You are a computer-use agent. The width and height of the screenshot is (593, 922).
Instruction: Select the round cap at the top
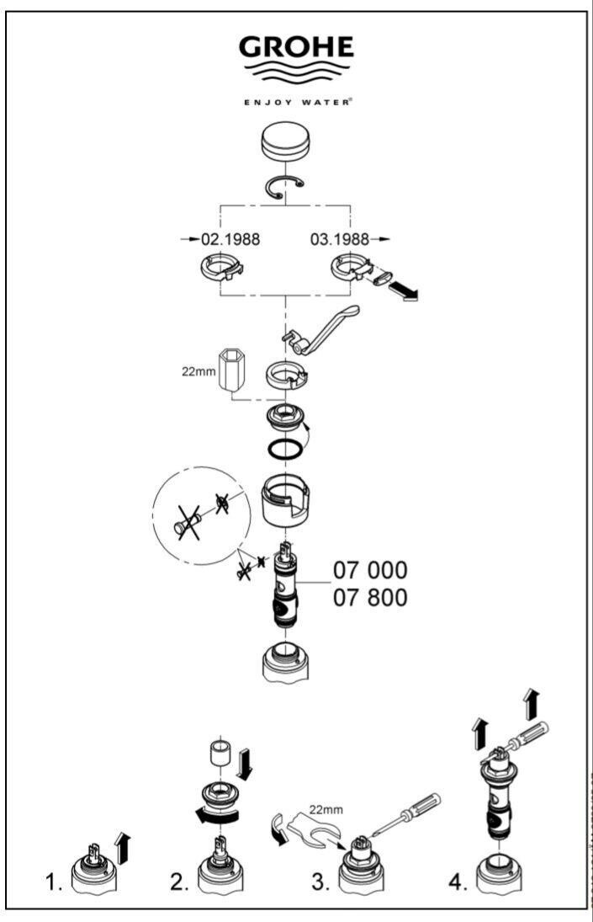(287, 142)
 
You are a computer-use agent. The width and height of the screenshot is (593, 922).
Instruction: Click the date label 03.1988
(342, 239)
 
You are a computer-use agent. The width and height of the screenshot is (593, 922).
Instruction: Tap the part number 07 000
(370, 570)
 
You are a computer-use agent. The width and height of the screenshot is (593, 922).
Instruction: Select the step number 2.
(178, 885)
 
